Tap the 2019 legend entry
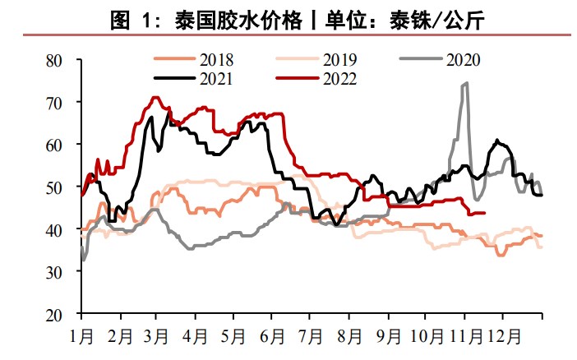point(339,59)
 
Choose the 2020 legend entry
point(461,59)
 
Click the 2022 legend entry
point(338,79)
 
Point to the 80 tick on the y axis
point(55,60)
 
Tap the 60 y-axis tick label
point(55,145)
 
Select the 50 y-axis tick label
point(55,187)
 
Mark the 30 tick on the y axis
point(55,272)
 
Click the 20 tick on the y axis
point(55,315)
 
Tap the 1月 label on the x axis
point(81,336)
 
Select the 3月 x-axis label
point(158,336)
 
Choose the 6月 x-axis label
point(274,336)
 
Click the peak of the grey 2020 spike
point(466,83)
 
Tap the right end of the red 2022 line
point(485,212)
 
